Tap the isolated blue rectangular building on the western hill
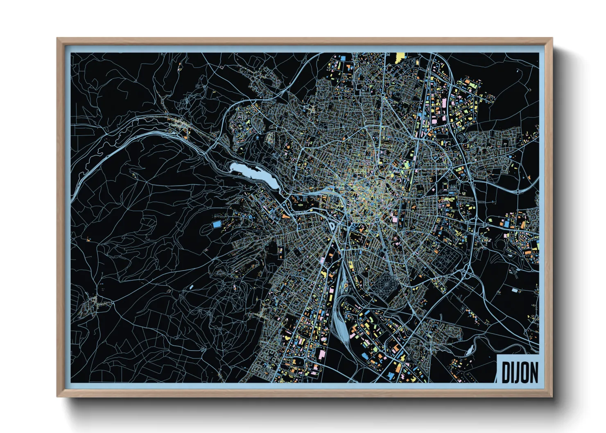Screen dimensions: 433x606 coord(217,224)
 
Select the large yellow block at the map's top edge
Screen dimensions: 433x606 coord(400,56)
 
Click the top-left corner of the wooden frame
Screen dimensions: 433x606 coord(57,38)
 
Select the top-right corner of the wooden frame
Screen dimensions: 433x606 coord(552,38)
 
